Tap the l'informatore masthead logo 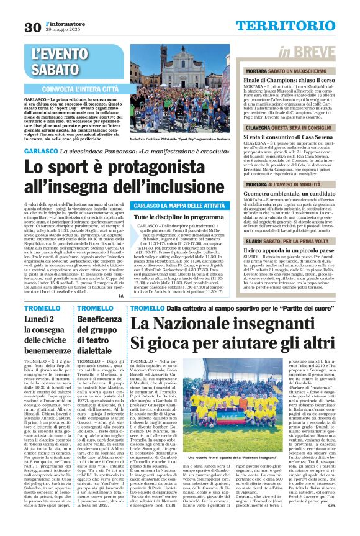pos(61,23)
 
